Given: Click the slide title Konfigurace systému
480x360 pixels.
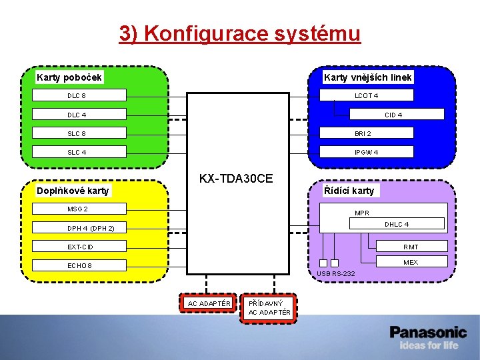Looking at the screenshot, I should pos(240,33).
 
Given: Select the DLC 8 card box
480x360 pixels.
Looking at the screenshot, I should pos(79,96).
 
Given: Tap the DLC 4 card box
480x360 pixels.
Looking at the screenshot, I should pos(79,115).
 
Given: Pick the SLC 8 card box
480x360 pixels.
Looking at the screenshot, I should pos(79,133).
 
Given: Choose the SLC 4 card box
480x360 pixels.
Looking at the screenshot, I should pos(79,152).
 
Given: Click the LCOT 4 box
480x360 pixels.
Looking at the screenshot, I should pos(367,95).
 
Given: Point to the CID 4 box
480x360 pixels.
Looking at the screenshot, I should pos(397,115).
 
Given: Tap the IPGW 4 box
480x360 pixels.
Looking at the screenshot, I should pos(367,152).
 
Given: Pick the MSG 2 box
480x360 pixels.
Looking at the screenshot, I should pos(79,209).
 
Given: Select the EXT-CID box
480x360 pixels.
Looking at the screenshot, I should pos(79,247).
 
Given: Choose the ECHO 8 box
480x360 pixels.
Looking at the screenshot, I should pos(79,265).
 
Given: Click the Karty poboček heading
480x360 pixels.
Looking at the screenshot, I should pos(69,77).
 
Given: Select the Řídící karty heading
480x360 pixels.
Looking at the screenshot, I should pos(349,191).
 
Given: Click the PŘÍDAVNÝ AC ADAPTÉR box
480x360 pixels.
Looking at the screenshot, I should pos(269,307).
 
